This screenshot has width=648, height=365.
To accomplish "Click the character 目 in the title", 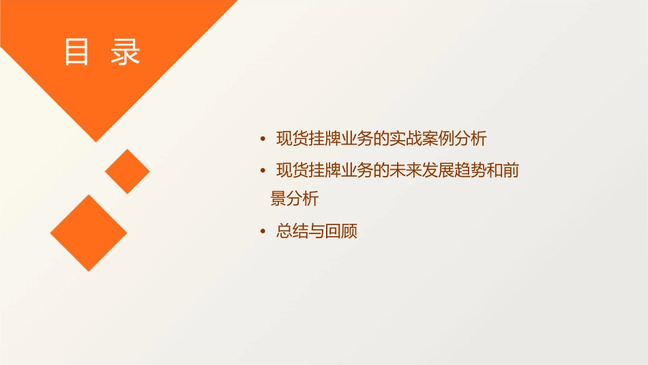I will pyautogui.click(x=76, y=52).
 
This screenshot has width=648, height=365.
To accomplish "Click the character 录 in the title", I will pyautogui.click(x=126, y=52).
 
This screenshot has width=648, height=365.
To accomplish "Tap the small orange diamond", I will pyautogui.click(x=127, y=171).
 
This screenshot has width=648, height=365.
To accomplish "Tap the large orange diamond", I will pyautogui.click(x=89, y=233).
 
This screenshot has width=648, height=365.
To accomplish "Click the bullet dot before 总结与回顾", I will pyautogui.click(x=263, y=232).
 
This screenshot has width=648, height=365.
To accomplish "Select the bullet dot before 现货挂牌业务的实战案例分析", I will pyautogui.click(x=263, y=139).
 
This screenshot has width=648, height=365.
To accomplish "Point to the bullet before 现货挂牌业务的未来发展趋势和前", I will pyautogui.click(x=263, y=171).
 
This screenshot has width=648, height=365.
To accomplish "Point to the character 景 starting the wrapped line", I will pyautogui.click(x=278, y=199).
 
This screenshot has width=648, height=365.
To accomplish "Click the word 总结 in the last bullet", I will pyautogui.click(x=292, y=232).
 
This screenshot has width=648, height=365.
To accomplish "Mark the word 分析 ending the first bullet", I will pyautogui.click(x=471, y=138).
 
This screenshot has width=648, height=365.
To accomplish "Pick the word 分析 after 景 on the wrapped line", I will pyautogui.click(x=303, y=199).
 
